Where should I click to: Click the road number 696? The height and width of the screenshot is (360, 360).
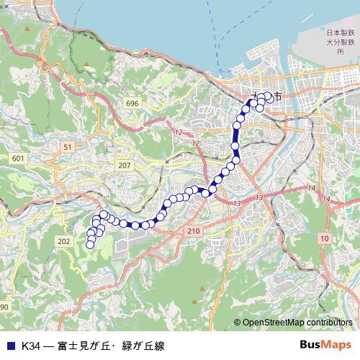pyautogui.click(x=131, y=104)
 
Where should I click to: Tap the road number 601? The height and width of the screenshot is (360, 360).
pyautogui.click(x=18, y=158)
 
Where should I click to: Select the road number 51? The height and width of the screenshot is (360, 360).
pyautogui.click(x=67, y=146)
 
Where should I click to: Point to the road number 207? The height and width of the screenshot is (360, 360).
pyautogui.click(x=125, y=166)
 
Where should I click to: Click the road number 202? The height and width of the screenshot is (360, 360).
pyautogui.click(x=64, y=240)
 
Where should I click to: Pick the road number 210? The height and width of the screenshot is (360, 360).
pyautogui.click(x=192, y=230)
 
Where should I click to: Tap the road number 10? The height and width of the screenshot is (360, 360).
pyautogui.click(x=325, y=238)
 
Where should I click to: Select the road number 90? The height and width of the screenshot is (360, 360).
pyautogui.click(x=4, y=307)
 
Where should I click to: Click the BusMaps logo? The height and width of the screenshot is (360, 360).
pyautogui.click(x=325, y=345)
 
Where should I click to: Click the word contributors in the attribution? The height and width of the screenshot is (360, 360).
pyautogui.click(x=332, y=323)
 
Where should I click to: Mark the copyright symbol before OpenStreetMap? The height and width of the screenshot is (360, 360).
pyautogui.click(x=238, y=323)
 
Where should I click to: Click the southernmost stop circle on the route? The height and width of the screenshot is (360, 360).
pyautogui.click(x=90, y=245)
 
